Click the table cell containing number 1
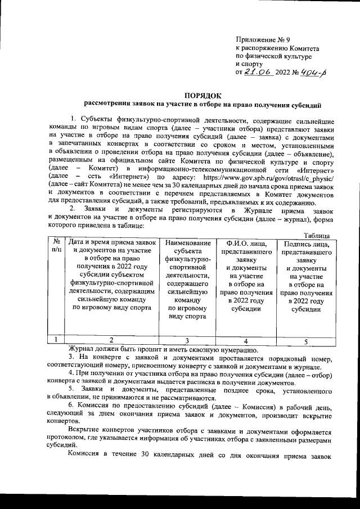pyautogui.click(x=57, y=340)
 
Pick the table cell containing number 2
pyautogui.click(x=112, y=340)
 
